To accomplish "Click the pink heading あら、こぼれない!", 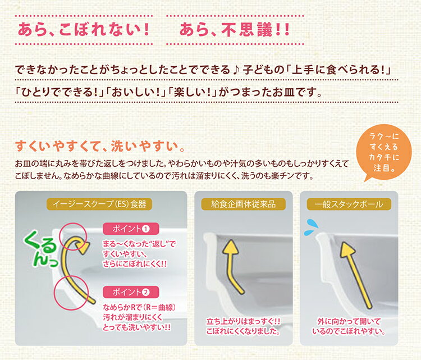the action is click(x=84, y=30).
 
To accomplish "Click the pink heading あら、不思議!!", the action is click(x=235, y=30).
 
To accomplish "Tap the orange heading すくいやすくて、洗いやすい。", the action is click(x=100, y=147).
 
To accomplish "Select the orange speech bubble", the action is click(x=383, y=153).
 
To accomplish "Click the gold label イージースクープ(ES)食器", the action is click(x=99, y=204).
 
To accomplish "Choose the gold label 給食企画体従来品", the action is click(x=243, y=204).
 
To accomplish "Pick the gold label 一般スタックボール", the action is click(x=349, y=204).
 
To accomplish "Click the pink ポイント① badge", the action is click(x=131, y=229).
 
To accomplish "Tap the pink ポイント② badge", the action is click(x=131, y=292).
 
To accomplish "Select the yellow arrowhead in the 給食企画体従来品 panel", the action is click(x=231, y=247).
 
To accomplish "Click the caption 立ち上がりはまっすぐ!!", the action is click(x=243, y=322).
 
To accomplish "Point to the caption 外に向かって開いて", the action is click(x=349, y=322).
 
